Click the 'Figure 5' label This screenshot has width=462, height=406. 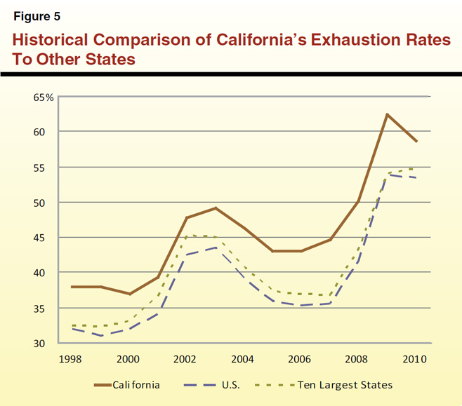39,16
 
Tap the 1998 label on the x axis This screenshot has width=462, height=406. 72,360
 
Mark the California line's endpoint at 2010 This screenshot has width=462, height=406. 417,142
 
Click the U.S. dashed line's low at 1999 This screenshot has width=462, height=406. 100,336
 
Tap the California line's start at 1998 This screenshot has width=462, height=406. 72,287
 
